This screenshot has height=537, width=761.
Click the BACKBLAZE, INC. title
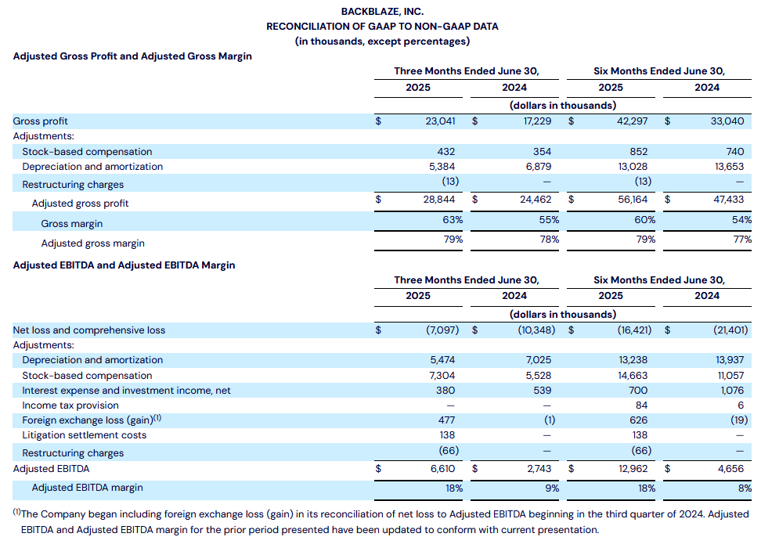click(382, 11)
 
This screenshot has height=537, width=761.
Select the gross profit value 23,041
click(440, 121)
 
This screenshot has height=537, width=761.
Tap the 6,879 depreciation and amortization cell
click(538, 167)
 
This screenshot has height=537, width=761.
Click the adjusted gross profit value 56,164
click(633, 200)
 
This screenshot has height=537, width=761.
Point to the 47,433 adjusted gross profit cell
click(728, 200)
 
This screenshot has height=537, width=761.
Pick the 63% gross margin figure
click(453, 220)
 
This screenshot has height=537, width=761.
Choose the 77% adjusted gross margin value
click(742, 240)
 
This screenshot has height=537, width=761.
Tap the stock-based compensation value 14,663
click(633, 376)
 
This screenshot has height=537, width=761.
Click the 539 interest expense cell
click(542, 391)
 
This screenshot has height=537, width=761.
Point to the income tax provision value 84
click(642, 405)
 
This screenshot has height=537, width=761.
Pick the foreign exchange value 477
click(446, 420)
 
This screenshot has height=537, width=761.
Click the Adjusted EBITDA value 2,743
click(539, 469)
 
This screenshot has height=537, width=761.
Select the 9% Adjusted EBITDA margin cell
click(552, 488)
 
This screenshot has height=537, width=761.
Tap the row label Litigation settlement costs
click(85, 435)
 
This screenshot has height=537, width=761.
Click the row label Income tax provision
click(70, 405)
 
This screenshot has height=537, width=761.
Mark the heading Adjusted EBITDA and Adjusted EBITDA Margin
click(124, 265)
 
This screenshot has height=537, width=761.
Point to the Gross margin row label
click(72, 224)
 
